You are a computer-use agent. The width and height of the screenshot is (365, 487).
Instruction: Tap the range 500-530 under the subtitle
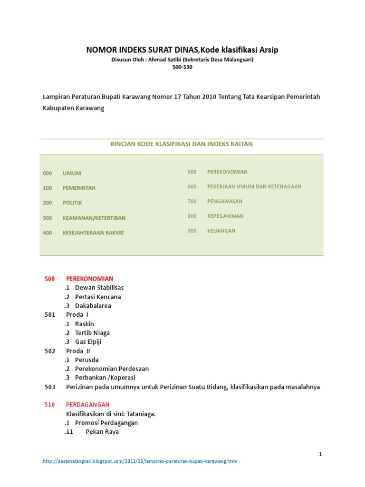[182, 67]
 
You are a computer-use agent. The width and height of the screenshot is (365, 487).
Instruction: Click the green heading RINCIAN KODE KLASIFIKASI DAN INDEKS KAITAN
[182, 144]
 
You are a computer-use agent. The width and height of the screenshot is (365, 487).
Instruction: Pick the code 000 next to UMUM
[48, 174]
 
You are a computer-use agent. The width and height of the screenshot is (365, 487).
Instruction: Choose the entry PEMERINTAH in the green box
[79, 188]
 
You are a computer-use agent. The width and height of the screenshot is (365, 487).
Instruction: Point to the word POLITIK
[72, 203]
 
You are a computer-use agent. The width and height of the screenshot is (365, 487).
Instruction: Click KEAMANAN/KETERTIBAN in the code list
[94, 218]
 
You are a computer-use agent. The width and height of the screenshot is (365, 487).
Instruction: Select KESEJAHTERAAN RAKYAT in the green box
[93, 233]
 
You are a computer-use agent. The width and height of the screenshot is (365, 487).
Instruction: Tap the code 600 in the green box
[192, 187]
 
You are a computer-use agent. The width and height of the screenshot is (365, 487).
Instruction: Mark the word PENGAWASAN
[225, 202]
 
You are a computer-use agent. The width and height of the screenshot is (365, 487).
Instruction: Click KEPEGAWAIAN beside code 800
[225, 216]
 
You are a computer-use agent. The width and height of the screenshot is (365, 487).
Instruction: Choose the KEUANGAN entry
[221, 231]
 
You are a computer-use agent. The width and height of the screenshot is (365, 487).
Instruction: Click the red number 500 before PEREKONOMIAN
[50, 279]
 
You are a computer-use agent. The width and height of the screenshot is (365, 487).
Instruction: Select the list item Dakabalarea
[93, 306]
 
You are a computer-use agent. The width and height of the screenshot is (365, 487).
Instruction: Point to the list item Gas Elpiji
[88, 342]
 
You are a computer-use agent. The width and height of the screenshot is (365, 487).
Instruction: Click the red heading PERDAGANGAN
[88, 405]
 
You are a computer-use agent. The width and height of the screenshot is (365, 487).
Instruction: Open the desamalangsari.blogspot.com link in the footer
[140, 461]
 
